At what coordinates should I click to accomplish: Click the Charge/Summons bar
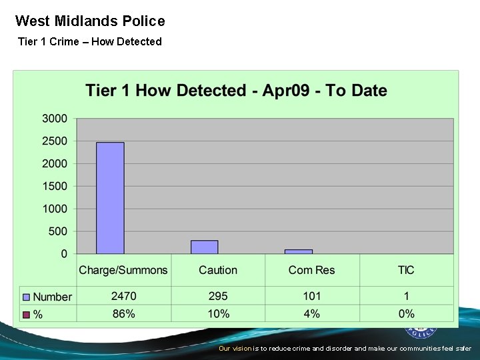coord(110,198)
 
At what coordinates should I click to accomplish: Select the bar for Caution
coord(204,247)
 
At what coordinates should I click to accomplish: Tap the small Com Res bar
coord(298,251)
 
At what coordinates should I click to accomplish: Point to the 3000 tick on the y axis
coord(55,119)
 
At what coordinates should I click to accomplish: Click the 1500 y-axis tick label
coord(55,186)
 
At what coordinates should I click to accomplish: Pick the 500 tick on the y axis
coord(58,231)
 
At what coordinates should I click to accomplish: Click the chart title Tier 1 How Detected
coord(236,91)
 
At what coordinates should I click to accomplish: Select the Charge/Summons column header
coord(123,270)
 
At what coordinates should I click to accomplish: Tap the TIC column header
coord(406,270)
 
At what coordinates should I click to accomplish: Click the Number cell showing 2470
coord(123,296)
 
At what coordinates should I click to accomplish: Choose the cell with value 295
coord(218,296)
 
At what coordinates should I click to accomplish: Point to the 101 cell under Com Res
coord(312,296)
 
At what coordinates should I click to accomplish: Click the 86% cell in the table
coord(123,313)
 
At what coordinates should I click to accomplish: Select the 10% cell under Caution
coord(218,313)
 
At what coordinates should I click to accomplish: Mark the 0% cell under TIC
coord(406,313)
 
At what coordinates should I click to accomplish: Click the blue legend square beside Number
coord(26,297)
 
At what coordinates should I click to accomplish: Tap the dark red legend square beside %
coord(26,314)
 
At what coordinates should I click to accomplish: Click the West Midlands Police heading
coord(90,21)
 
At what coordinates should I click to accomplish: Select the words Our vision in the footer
coord(235,349)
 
